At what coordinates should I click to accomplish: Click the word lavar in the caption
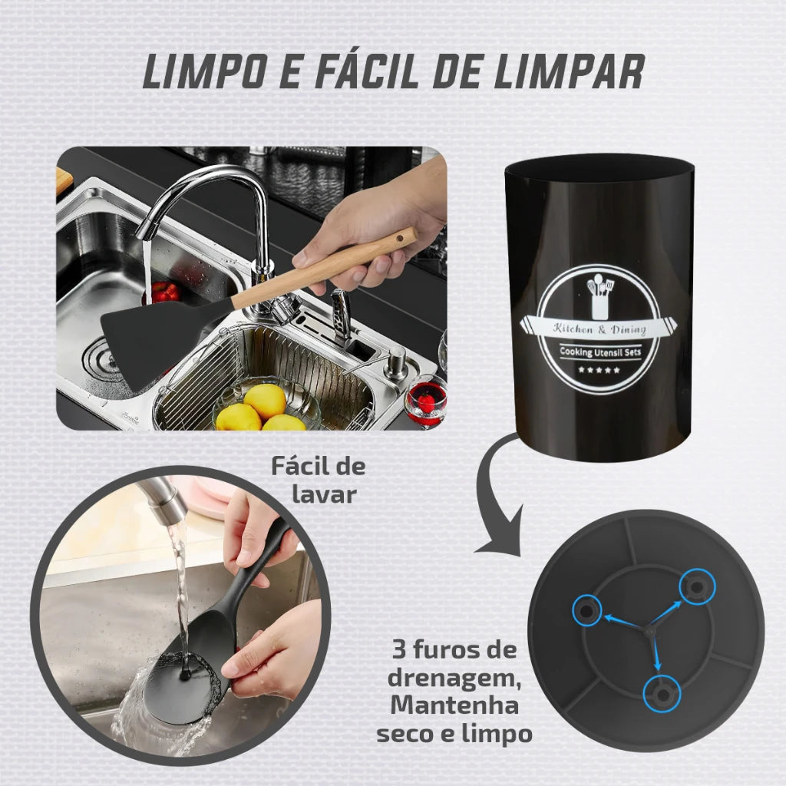[324, 494]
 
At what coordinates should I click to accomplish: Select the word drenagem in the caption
[453, 678]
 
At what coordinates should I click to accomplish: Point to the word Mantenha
[454, 705]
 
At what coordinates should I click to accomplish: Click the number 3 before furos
[399, 650]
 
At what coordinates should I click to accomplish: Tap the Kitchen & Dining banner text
[599, 329]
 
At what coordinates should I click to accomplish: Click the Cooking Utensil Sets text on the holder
[600, 352]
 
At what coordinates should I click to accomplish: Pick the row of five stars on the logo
[599, 371]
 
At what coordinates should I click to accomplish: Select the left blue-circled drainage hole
[586, 610]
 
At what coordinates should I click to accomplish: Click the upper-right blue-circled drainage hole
[697, 586]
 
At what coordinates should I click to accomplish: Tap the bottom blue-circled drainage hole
[662, 694]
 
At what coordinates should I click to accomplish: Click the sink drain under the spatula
[102, 357]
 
